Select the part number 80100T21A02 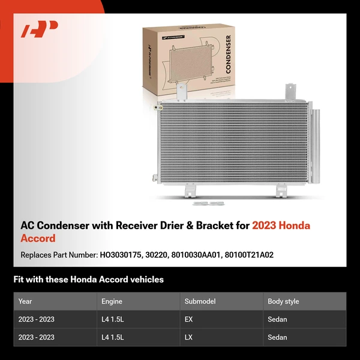(249, 255)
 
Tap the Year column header (25, 301)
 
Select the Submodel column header (200, 301)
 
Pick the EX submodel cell (188, 319)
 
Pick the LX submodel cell (188, 337)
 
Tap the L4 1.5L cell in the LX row (113, 337)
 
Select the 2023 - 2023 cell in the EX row (36, 319)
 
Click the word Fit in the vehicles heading (19, 280)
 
